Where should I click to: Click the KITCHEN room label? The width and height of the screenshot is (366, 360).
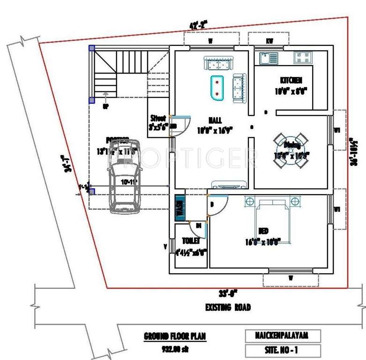[291, 80]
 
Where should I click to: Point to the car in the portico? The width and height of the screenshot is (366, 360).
[122, 176]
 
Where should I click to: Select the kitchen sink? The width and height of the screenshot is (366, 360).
[268, 58]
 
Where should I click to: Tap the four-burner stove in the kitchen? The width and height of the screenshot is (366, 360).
[303, 58]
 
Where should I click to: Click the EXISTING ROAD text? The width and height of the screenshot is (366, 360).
[228, 307]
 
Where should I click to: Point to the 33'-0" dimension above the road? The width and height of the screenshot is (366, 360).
[228, 294]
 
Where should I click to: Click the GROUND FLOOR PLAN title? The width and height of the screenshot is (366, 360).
[174, 336]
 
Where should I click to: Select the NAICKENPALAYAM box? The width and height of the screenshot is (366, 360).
[283, 336]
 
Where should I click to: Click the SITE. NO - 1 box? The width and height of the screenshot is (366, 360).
[283, 350]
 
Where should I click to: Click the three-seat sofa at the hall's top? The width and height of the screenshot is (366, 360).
[218, 63]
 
